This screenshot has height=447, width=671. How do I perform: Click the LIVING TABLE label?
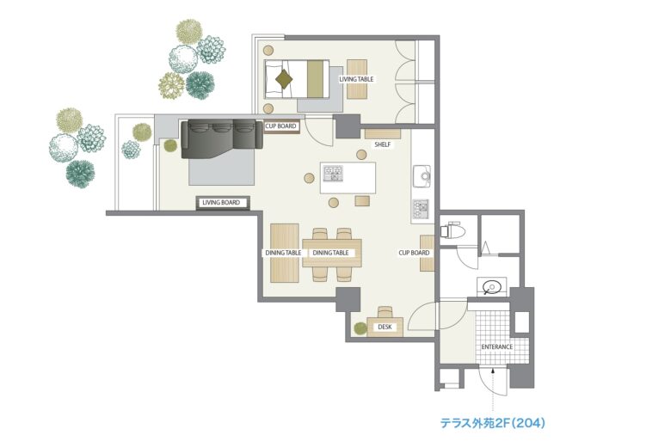pos(356,79)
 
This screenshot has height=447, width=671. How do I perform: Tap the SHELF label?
pos(383,144)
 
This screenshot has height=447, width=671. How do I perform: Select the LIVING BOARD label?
pos(221,202)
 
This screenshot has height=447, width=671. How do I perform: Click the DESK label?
pos(385,327)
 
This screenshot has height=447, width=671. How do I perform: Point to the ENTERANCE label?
pos(497,347)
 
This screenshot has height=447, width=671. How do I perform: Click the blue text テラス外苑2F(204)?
pos(493,423)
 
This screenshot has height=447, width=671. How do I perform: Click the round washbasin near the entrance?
pos(491,286)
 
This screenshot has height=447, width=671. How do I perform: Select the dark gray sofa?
pos(222,139)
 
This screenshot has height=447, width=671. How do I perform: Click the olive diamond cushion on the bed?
pos(283,79)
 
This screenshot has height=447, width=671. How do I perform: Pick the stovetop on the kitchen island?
pos(334,173)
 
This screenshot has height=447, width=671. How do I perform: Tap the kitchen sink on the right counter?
pos(422,175)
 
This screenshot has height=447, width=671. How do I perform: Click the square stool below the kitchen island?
pos(362,201)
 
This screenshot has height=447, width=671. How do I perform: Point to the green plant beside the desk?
pos(360,328)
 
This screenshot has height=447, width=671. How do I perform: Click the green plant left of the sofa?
pos(170,145)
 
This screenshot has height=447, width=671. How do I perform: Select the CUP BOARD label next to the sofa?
pos(280,126)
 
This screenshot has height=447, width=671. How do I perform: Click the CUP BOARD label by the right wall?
pos(414,253)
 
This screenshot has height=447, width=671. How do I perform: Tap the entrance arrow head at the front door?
pos(494,371)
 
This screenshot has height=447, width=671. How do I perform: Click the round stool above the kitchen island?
pos(361,155)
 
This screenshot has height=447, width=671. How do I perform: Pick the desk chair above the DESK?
pos(385,312)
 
